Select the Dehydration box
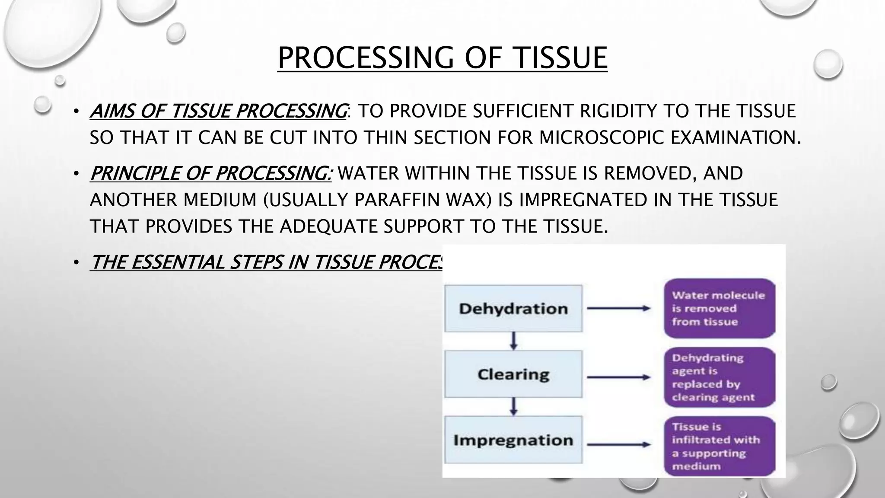coord(513,309)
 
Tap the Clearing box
coord(513,374)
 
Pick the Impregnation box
coord(513,440)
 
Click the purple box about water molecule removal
coord(719,309)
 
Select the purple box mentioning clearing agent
coord(719,377)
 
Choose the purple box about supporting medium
coord(719,446)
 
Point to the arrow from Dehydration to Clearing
coord(513,341)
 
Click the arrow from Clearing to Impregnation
coord(513,407)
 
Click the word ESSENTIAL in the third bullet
coord(177,262)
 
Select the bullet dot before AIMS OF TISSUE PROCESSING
coord(76,112)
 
